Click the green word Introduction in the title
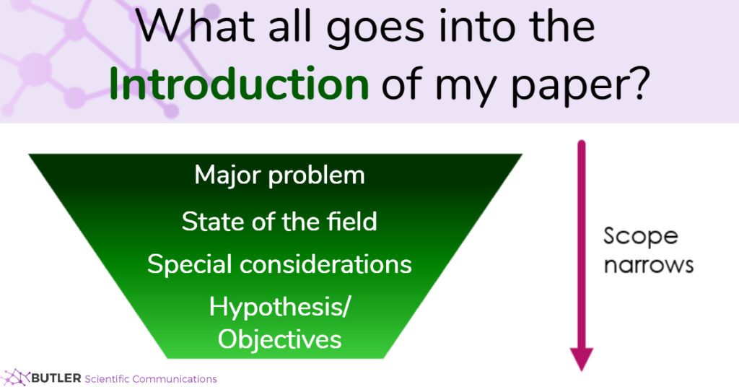tap(239, 84)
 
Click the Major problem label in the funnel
tap(279, 175)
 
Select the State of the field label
tap(279, 221)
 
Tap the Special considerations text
tap(279, 264)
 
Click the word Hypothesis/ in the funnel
tap(279, 307)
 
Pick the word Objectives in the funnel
tap(279, 339)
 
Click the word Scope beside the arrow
tap(641, 237)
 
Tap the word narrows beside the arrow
tap(648, 264)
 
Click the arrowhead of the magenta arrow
tap(581, 358)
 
